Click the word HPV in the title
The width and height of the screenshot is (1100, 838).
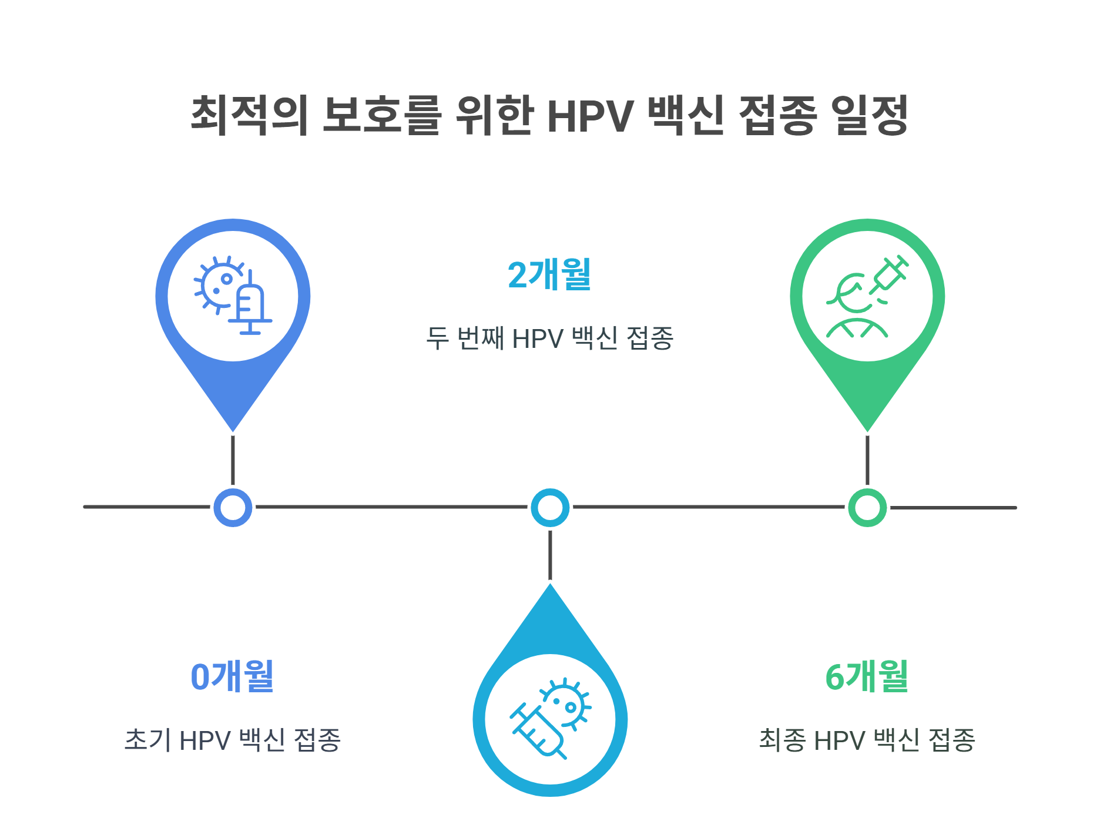590,116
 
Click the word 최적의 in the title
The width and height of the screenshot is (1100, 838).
250,115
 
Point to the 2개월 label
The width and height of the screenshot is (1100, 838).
549,274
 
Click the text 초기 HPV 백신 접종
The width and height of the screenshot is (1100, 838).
233,739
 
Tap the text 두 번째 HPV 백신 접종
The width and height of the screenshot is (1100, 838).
549,338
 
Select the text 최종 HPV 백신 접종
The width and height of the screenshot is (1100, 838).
867,739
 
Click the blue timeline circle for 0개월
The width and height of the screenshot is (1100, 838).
233,507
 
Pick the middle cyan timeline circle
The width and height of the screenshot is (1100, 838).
550,507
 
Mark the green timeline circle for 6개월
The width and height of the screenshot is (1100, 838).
867,507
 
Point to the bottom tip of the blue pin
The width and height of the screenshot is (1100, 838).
233,428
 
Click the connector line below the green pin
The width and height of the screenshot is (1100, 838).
867,460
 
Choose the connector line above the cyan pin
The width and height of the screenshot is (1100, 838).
550,555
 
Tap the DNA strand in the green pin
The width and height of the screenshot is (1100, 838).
856,327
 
